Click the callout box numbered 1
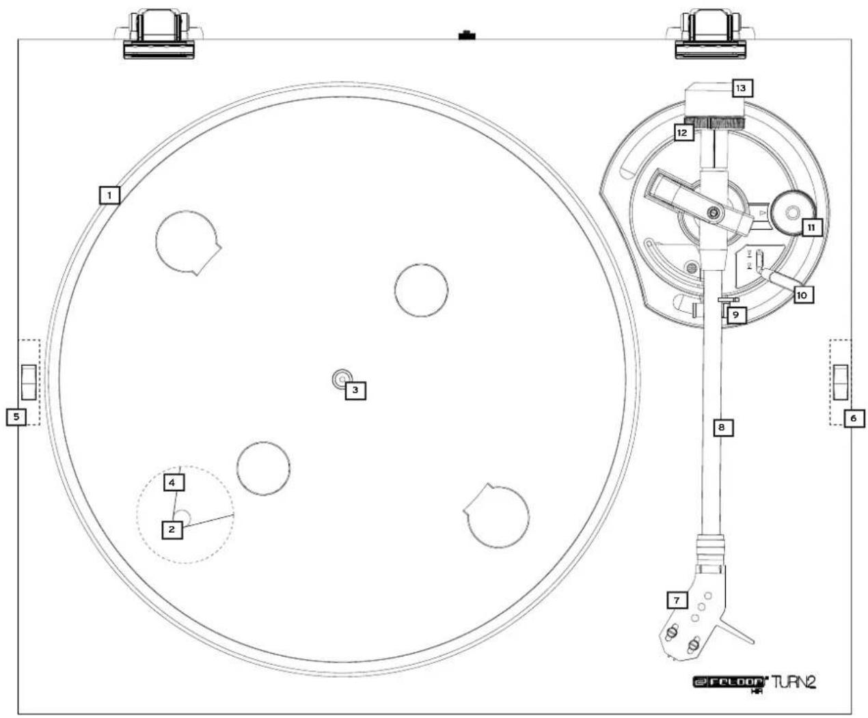point(109,195)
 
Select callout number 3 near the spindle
point(355,390)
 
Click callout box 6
point(854,417)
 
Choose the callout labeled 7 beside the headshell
point(677,600)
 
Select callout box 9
point(735,314)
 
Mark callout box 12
point(682,133)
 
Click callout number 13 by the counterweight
point(740,87)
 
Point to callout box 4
point(173,482)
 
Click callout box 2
point(172,528)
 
